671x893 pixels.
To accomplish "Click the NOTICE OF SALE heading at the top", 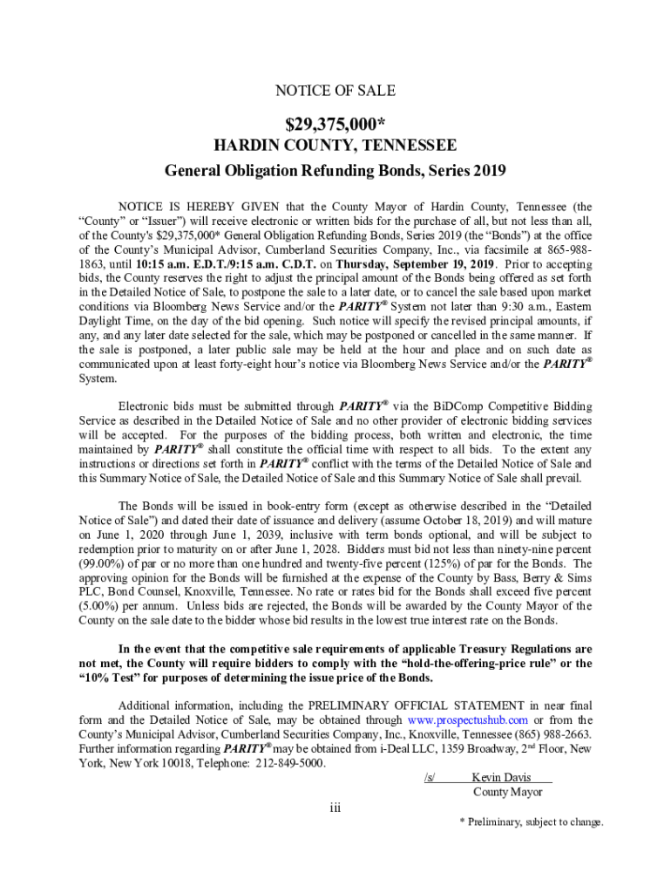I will click(335, 91).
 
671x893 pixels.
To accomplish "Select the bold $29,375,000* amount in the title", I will click(335, 120).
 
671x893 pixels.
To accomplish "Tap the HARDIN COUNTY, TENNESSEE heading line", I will click(335, 145).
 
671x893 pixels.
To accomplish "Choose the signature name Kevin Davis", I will click(500, 778).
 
